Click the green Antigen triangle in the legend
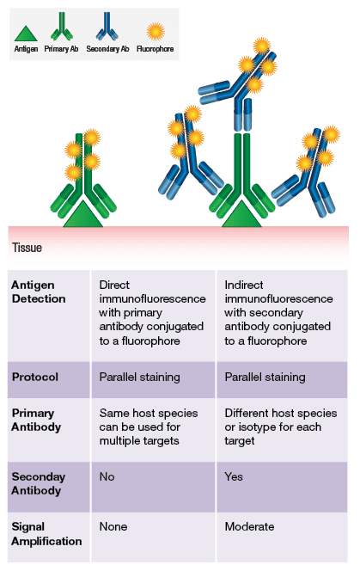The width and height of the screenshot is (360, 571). point(27,32)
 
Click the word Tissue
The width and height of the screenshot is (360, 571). point(27,248)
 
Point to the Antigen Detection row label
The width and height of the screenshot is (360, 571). point(39,292)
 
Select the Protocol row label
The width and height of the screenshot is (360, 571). point(34,377)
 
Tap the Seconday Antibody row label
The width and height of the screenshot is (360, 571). point(38,483)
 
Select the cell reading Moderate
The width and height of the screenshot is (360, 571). point(250,526)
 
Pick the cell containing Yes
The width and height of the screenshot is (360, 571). point(234,476)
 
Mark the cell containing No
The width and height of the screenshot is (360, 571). point(107,476)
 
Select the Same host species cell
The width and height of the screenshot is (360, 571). point(149,426)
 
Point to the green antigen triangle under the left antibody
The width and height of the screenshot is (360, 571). point(82,215)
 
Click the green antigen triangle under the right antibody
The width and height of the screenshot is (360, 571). point(241,215)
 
